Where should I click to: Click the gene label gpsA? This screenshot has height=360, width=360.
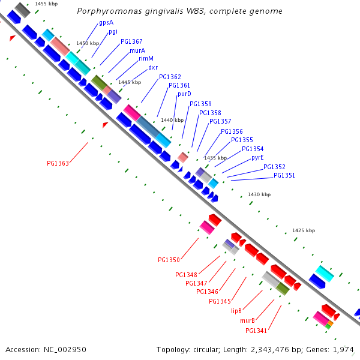tap(106, 22)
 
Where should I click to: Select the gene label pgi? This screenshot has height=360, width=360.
tap(113, 32)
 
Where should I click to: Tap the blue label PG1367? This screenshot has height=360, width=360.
tap(131, 41)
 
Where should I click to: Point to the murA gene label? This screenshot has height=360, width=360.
tap(137, 50)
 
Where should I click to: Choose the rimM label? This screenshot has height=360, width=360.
tap(146, 58)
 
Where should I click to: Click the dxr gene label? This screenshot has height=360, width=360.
tap(153, 67)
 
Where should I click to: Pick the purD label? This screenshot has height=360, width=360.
tap(184, 94)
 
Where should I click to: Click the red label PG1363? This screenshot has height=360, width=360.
tap(58, 163)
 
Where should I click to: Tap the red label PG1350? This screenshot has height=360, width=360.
tap(169, 260)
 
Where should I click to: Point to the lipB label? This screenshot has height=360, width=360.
tap(236, 311)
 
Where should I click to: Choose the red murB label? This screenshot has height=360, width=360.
tap(248, 320)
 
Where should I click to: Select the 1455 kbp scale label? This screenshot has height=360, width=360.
tap(46, 4)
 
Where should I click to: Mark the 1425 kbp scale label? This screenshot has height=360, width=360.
tap(303, 230)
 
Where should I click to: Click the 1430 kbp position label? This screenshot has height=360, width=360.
tap(259, 194)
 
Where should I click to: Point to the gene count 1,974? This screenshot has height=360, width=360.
tap(343, 349)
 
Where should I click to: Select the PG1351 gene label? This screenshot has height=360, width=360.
tap(284, 175)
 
